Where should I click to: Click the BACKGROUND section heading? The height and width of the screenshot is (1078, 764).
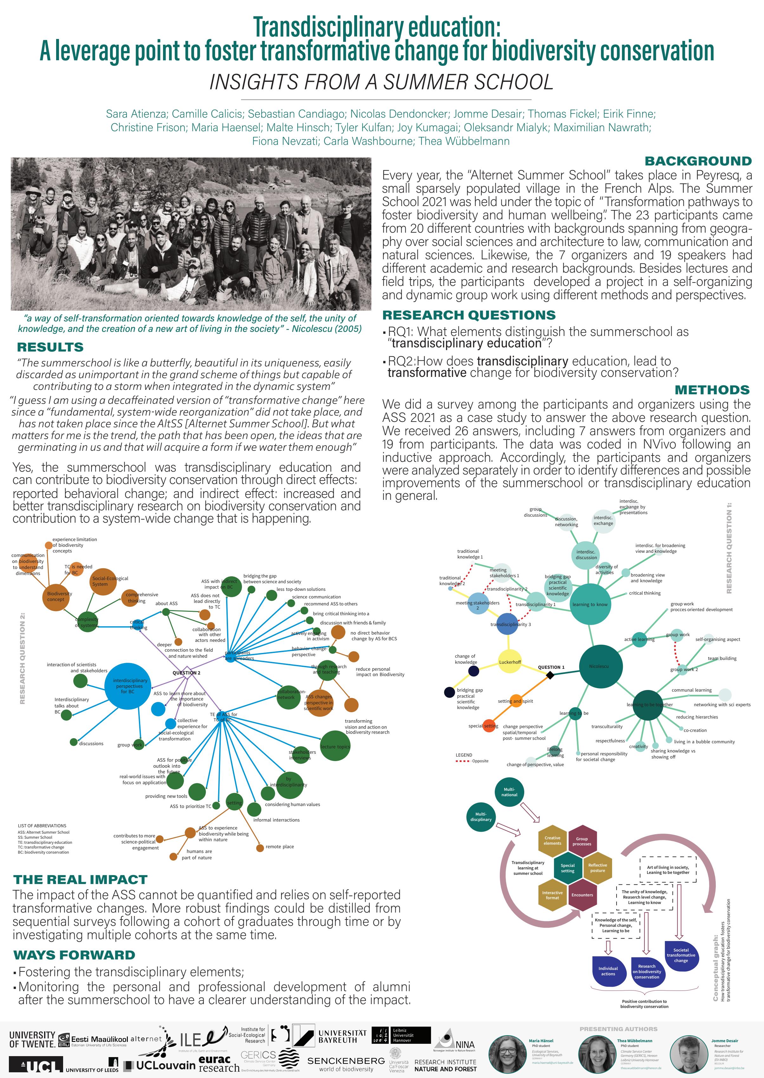point(698,161)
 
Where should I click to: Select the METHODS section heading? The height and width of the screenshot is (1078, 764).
point(712,390)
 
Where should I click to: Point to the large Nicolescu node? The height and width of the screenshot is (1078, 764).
point(601,666)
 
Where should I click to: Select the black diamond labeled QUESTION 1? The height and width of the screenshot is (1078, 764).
point(550,675)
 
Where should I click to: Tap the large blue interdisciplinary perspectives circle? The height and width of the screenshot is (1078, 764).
point(129,686)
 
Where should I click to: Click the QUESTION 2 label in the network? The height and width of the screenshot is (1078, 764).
point(186,673)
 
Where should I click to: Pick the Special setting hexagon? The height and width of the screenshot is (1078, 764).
point(567,868)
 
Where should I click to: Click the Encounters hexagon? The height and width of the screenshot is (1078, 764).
point(582,895)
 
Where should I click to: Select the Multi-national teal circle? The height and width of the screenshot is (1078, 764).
point(509,792)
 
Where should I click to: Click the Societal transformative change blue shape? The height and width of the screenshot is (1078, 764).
point(681,955)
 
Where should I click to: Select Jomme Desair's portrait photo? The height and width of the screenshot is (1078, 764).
point(689,1054)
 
